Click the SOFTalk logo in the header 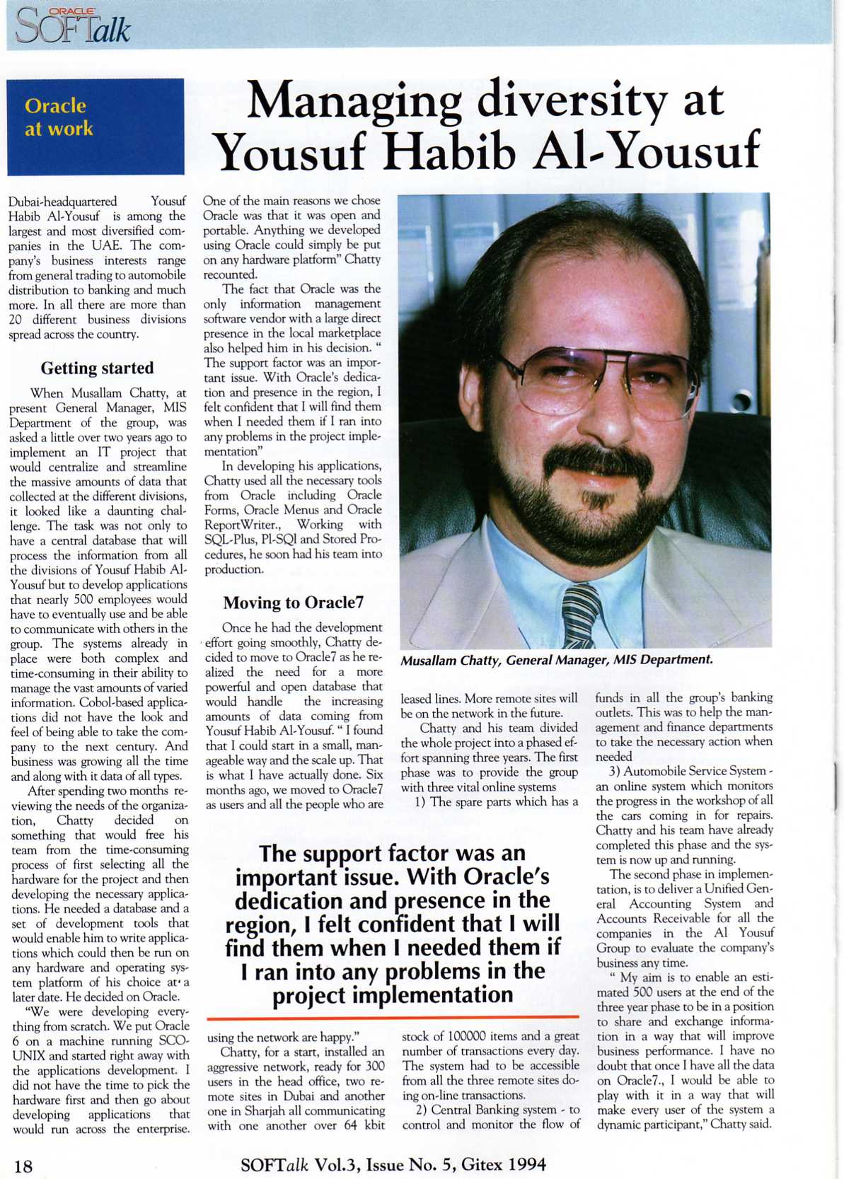click(x=73, y=27)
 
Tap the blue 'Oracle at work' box click(x=96, y=127)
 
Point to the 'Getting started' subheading click(x=97, y=368)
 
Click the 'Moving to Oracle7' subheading click(x=293, y=603)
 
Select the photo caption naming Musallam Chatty click(x=556, y=660)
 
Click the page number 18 click(x=23, y=1166)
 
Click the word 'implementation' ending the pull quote click(x=393, y=995)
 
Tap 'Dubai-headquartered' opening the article click(x=63, y=202)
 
